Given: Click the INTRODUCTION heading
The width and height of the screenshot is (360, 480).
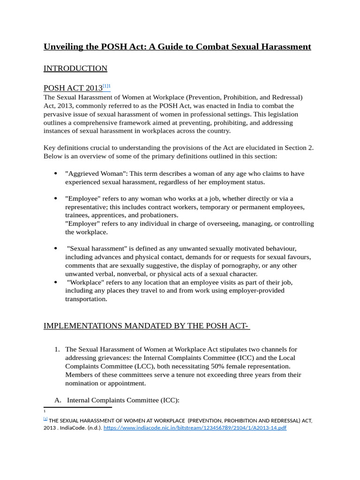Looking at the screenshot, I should point(75,68).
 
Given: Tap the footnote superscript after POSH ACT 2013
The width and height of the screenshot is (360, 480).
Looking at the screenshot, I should point(106,86).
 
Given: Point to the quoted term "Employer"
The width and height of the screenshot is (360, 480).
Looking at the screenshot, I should point(81,224).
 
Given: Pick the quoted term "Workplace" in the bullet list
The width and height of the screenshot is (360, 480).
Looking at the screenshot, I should point(86,282).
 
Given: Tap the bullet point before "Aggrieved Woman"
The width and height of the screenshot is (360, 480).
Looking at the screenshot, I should point(56,173).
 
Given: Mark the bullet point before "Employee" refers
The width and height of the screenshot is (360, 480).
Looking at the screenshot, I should point(56,199).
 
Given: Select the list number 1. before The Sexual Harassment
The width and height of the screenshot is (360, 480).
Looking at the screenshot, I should point(57,350).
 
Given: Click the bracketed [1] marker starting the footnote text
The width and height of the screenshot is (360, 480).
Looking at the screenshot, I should point(45,419).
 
